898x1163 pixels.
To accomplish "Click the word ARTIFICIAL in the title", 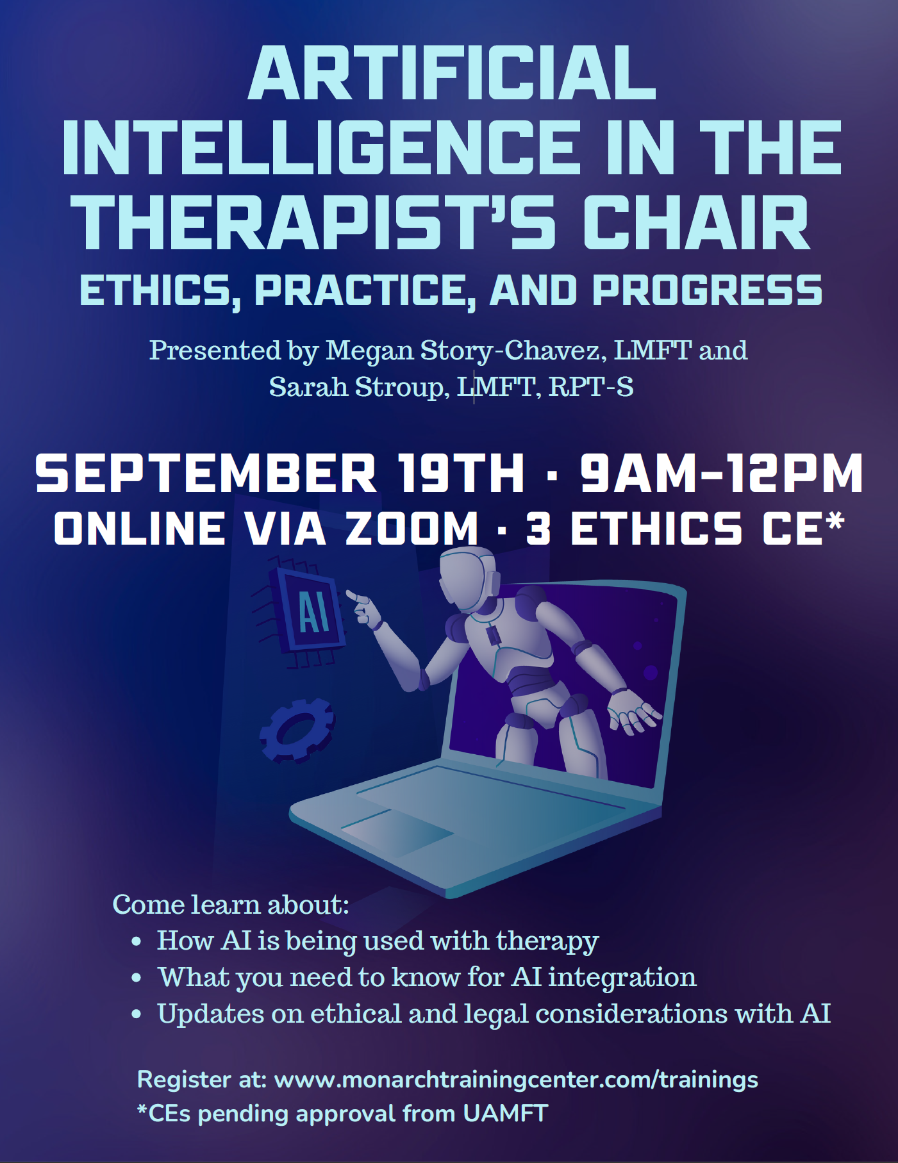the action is click(x=452, y=73).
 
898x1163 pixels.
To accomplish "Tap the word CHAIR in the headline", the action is click(x=697, y=222).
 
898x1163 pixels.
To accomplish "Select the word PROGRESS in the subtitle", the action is click(x=707, y=290).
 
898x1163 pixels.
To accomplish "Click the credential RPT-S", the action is click(x=591, y=386).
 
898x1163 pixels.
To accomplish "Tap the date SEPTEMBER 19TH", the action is click(x=279, y=474).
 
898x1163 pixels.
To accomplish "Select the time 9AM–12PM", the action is click(x=722, y=474).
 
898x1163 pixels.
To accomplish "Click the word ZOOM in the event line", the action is click(x=412, y=529).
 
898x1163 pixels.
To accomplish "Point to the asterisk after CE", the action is click(x=835, y=522).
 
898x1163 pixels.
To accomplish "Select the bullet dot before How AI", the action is click(x=136, y=942).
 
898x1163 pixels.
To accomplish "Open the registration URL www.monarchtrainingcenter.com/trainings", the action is click(x=516, y=1080).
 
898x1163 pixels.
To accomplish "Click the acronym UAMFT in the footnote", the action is click(x=506, y=1113).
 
